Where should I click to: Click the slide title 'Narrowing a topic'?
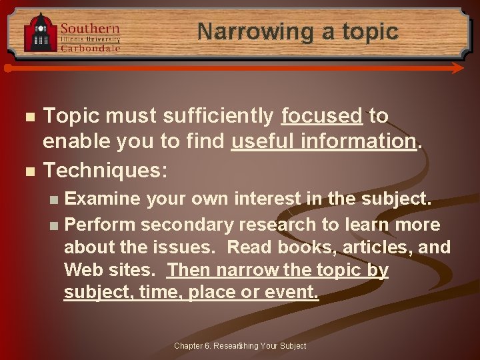297,31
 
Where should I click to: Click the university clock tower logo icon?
41,33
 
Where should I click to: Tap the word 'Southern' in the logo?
90,29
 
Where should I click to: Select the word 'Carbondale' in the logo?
91,48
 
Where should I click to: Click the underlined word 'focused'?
321,116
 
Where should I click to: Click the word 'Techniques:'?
105,170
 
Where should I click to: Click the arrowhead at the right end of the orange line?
457,68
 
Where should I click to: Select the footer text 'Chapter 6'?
191,345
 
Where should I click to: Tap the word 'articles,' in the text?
378,248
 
